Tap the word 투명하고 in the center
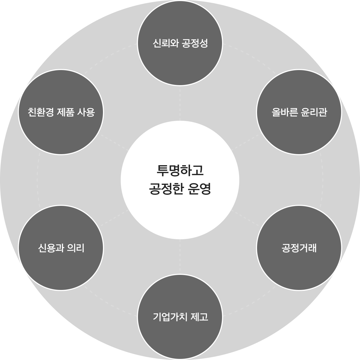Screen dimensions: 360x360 click(x=180, y=170)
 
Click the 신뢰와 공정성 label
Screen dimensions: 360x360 click(x=180, y=43)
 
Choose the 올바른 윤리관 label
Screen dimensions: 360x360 click(x=299, y=112)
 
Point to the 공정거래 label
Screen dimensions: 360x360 click(x=299, y=248)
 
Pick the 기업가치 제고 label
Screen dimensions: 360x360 click(x=180, y=317)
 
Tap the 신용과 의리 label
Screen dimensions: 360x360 click(x=61, y=248)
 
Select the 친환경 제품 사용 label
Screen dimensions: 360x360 click(x=61, y=112)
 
